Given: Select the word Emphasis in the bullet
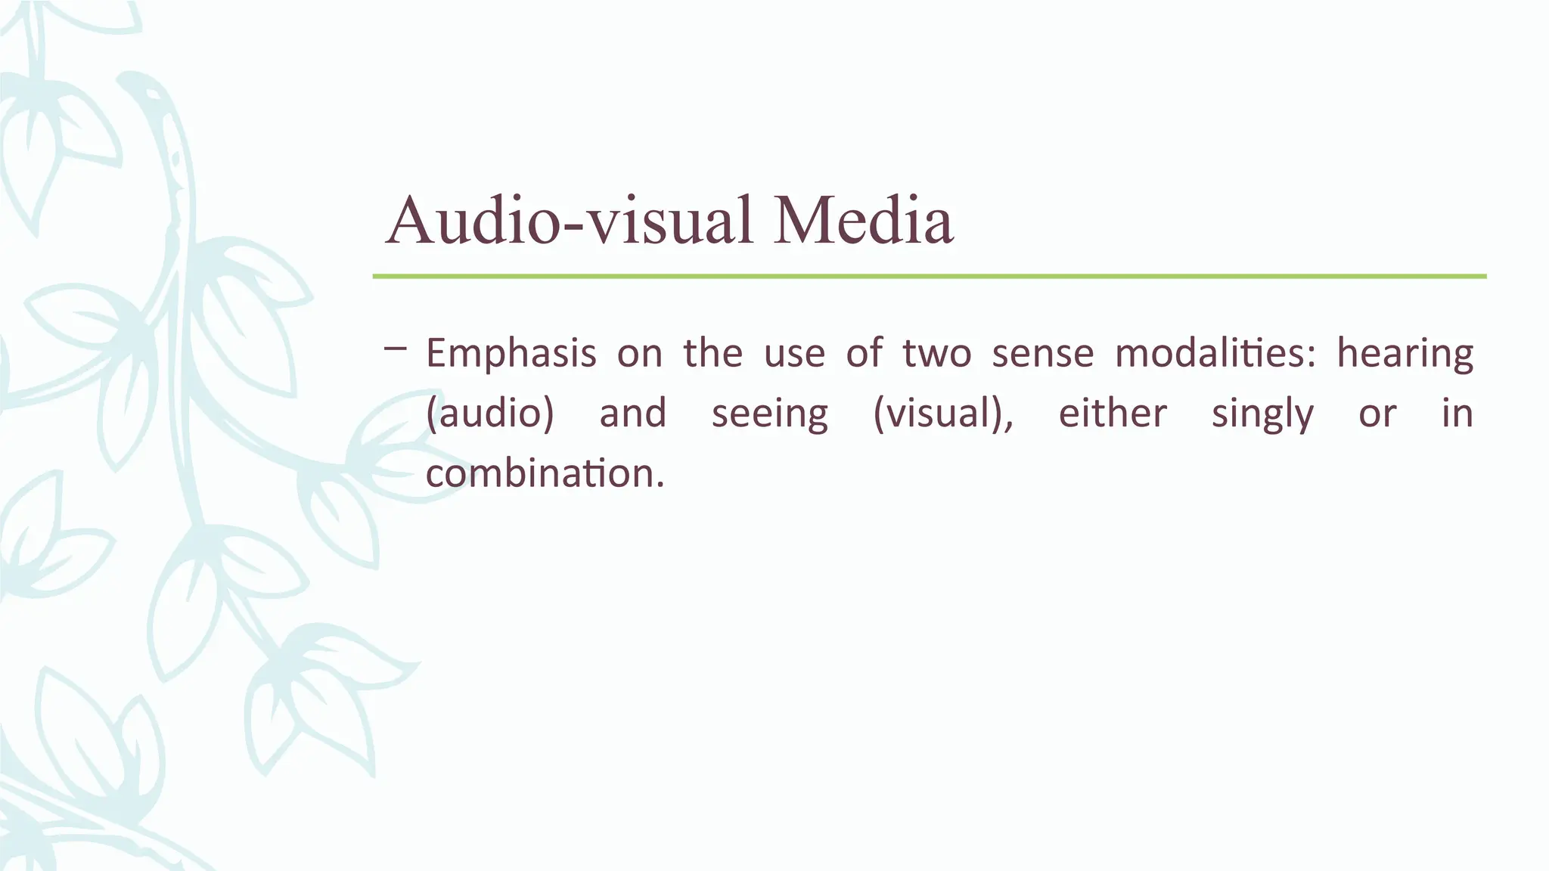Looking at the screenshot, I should [511, 354].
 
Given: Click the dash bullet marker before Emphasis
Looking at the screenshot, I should [395, 349].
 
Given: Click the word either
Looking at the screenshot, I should [1113, 414].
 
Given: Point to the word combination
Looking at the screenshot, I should [545, 474].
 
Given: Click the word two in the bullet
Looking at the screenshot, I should [937, 354].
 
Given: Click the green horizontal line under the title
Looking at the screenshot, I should [929, 277].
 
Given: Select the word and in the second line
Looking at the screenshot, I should [633, 414].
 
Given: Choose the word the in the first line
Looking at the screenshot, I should [713, 353].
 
